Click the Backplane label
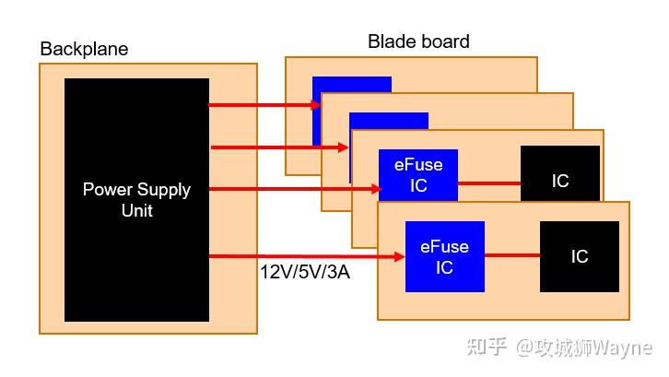tap(84, 48)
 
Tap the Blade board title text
tap(418, 41)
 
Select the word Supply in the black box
tap(164, 190)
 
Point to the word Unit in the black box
tap(136, 210)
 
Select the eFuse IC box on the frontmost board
tap(444, 257)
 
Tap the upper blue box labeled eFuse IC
tap(418, 175)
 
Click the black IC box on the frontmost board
tap(579, 256)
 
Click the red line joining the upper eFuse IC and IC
tap(488, 183)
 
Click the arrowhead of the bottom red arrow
tap(399, 256)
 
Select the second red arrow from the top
tap(276, 147)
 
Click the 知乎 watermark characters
tap(487, 348)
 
